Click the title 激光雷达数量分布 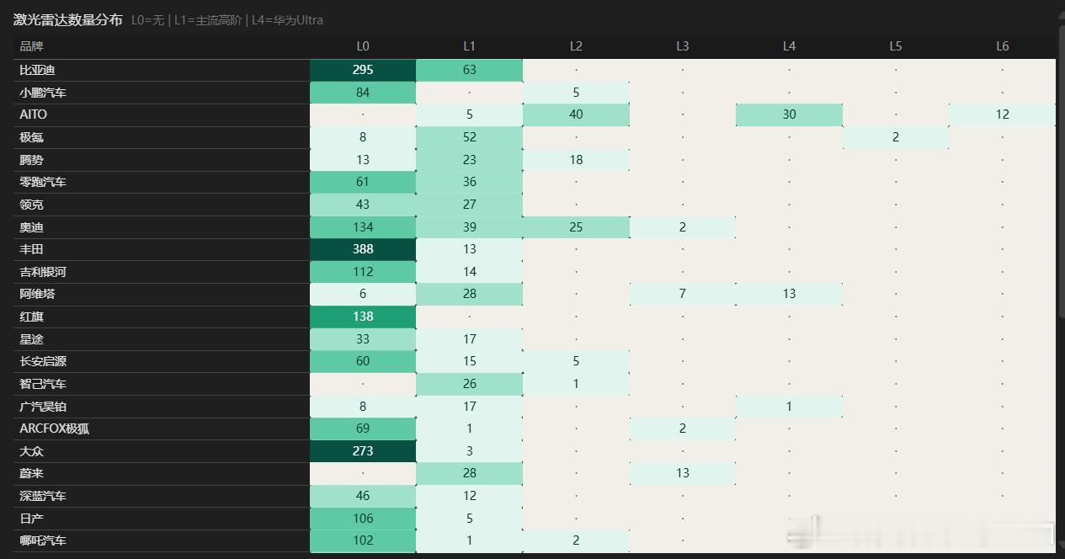(x=67, y=19)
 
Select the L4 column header (x=789, y=46)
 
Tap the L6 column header (x=1002, y=46)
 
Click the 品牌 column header (x=31, y=46)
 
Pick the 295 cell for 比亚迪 (x=363, y=70)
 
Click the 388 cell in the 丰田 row (x=363, y=249)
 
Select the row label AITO (x=34, y=114)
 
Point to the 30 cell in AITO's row (x=789, y=114)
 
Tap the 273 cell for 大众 (x=363, y=450)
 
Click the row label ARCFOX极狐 (x=54, y=429)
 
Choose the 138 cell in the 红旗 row (x=363, y=317)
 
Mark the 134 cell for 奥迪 (x=363, y=227)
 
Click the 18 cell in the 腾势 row (x=576, y=160)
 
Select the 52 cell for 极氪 (x=469, y=137)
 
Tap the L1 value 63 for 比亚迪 (x=469, y=70)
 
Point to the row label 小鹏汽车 (x=43, y=93)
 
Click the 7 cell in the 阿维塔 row (x=682, y=294)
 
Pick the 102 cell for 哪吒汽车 (x=363, y=540)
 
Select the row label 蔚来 (x=31, y=473)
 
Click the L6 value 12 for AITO (x=1002, y=114)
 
